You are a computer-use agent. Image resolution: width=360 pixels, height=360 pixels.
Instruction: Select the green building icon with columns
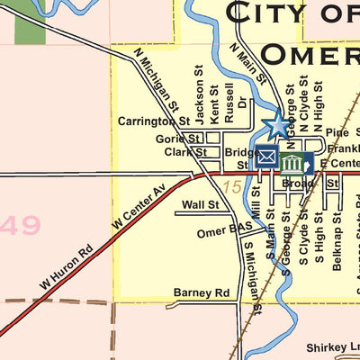(292, 164)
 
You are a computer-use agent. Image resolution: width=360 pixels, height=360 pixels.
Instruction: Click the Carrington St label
(154, 121)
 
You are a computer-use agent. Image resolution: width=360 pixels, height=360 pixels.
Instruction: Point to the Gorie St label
(178, 139)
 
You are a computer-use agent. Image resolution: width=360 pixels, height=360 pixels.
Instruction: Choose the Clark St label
(185, 153)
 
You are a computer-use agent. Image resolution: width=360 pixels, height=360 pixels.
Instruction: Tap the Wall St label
(200, 205)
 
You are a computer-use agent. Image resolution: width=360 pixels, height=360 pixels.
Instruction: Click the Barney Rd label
(202, 292)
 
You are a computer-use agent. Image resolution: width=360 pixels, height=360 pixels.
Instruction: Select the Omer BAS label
(225, 231)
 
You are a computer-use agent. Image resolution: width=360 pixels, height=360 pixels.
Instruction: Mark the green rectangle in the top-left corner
(30, 22)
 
